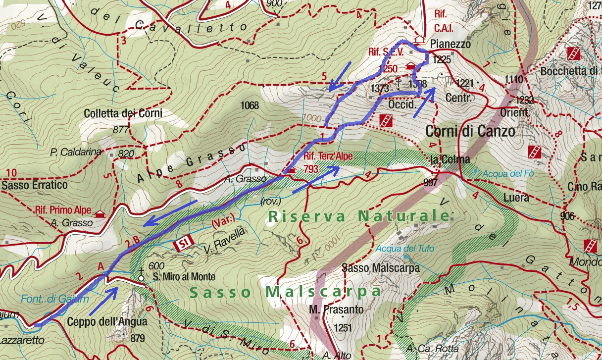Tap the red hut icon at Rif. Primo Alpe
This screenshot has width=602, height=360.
point(100,214)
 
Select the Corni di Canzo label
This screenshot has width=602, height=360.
point(470,131)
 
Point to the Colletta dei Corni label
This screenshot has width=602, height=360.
point(123,113)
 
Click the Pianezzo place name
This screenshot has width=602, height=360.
point(451,44)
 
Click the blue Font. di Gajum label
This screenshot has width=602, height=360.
point(55,299)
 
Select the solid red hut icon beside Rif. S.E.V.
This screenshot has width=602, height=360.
point(410,66)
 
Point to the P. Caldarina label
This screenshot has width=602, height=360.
point(75,152)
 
